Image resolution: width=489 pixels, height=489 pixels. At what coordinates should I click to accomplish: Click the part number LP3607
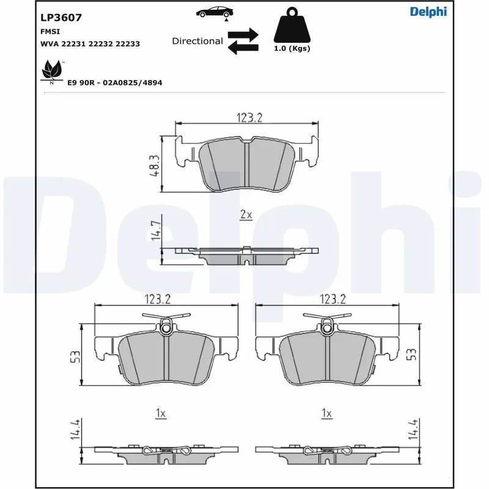(61, 18)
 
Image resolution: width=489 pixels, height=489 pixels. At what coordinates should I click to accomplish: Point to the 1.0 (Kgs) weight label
(292, 49)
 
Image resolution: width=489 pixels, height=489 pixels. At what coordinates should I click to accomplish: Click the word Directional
(197, 41)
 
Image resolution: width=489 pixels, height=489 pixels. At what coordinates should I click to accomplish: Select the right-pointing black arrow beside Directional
(244, 34)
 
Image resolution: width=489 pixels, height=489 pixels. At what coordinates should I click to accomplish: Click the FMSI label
(50, 31)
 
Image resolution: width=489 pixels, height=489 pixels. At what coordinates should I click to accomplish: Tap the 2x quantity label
(246, 215)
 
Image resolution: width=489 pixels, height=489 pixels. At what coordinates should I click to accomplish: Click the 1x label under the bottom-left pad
(161, 414)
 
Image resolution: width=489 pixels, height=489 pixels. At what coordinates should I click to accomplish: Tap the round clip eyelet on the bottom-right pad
(329, 329)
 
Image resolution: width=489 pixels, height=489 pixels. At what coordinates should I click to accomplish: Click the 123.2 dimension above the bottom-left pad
(157, 299)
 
